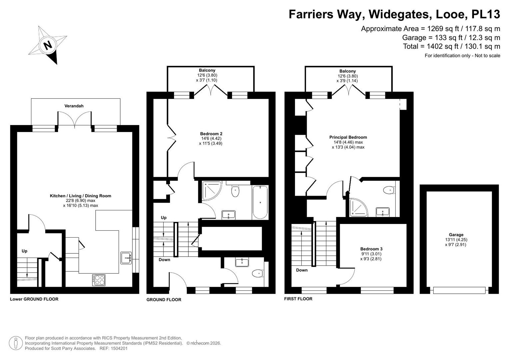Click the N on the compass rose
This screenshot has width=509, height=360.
(48, 45)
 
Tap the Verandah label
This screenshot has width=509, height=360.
(74, 106)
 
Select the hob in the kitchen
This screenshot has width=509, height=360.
(99, 280)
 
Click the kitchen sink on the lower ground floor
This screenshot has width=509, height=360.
(126, 258)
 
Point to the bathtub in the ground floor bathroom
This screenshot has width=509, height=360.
(260, 202)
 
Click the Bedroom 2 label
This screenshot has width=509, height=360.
(211, 134)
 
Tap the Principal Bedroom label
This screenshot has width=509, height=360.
(348, 137)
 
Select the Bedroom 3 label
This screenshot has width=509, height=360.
(371, 249)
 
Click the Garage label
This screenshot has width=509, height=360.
(456, 235)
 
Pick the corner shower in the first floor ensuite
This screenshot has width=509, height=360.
(358, 207)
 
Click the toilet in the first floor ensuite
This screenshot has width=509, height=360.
(389, 190)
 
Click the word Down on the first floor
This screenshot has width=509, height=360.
(302, 270)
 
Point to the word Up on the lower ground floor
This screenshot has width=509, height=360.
(24, 251)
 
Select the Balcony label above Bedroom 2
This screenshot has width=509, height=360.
(207, 70)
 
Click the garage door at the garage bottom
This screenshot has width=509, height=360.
(459, 290)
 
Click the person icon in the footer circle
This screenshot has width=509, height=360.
(16, 343)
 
